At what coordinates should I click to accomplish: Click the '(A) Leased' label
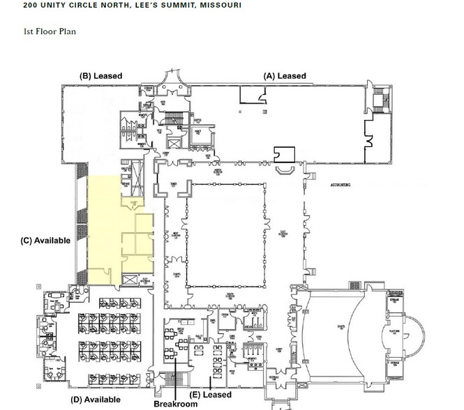[284, 75]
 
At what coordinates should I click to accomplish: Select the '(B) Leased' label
[101, 75]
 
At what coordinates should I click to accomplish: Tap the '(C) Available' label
[45, 241]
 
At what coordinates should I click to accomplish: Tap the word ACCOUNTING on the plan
[338, 185]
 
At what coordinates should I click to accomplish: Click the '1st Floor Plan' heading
[50, 31]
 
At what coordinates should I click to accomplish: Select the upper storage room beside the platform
[395, 303]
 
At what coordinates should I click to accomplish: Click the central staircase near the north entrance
[183, 115]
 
